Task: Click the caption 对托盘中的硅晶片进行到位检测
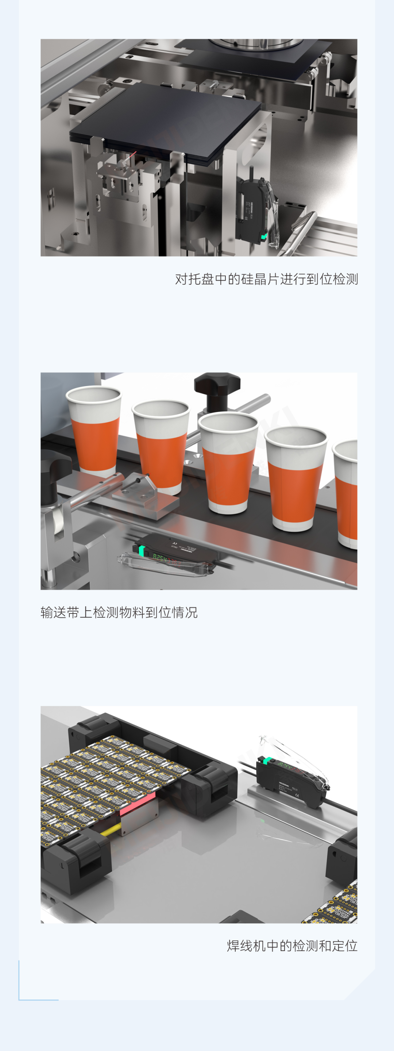[x=266, y=279]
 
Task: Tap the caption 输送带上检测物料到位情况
[x=119, y=612]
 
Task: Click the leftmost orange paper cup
[x=94, y=432]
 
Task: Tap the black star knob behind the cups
[x=217, y=386]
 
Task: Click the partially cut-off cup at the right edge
[x=347, y=494]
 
